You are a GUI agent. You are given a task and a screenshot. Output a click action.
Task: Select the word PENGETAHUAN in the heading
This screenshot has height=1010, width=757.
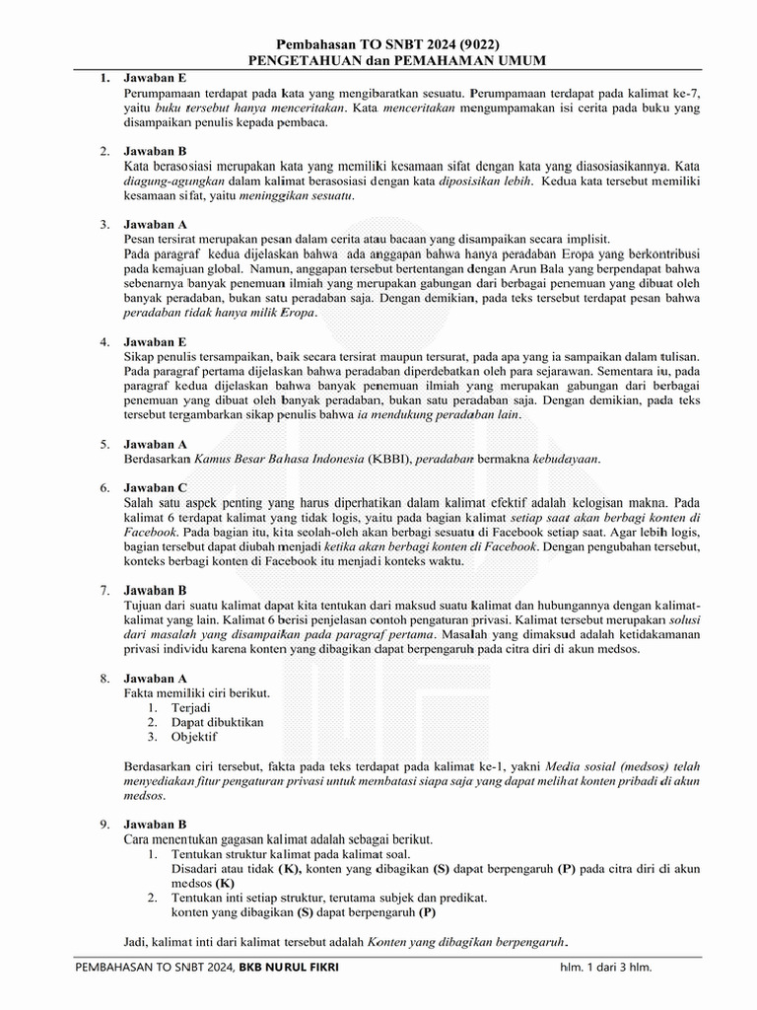point(300,61)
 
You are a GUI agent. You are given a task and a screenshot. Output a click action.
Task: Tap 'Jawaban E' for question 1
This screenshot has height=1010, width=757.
point(155,77)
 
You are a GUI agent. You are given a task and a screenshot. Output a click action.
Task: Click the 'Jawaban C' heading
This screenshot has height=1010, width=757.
point(155,487)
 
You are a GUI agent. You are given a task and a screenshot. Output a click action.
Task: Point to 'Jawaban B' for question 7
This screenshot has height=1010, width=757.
point(155,590)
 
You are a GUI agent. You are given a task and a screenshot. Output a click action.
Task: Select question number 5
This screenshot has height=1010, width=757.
point(103,444)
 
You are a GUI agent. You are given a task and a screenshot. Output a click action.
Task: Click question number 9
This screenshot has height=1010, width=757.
point(103,824)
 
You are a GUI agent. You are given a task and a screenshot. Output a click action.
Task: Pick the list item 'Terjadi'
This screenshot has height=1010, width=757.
point(191,707)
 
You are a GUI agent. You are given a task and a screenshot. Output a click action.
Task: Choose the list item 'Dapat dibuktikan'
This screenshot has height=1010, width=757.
point(218,722)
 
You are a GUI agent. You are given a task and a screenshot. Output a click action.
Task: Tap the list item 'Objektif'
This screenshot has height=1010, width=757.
point(195,737)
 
